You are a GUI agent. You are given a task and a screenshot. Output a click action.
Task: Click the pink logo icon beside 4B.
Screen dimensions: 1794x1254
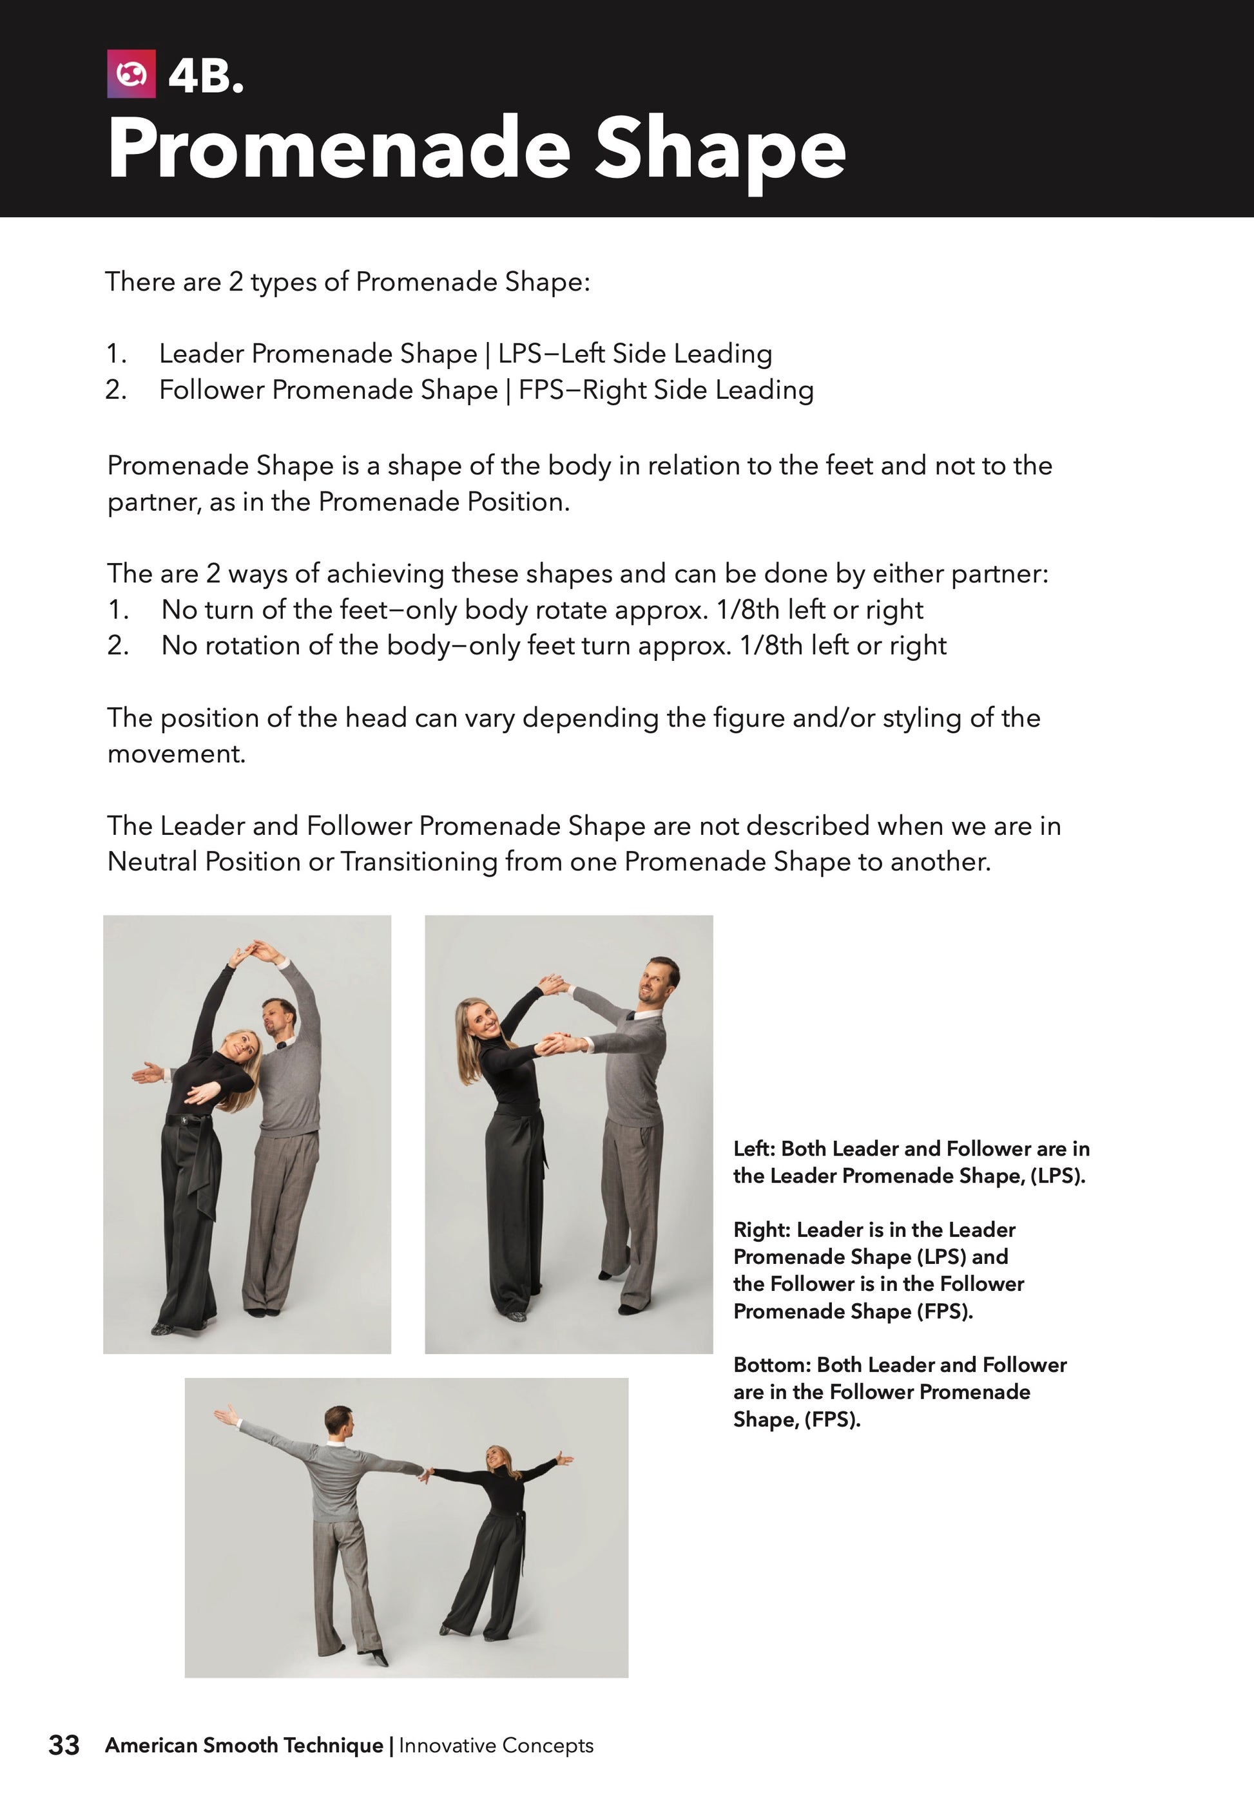[x=131, y=74]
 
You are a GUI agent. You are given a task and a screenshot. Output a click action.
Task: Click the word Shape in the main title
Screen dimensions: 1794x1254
[x=720, y=148]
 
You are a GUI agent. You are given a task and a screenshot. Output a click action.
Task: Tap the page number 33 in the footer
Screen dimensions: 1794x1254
[x=64, y=1745]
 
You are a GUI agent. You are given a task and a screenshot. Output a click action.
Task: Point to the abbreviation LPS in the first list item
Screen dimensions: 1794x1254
[x=520, y=353]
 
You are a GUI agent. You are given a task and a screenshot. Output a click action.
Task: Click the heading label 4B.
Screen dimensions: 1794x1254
[x=206, y=76]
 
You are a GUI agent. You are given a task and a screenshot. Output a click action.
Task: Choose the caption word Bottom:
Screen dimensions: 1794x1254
[x=773, y=1364]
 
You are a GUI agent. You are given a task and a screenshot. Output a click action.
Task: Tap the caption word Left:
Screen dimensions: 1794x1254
[x=755, y=1148]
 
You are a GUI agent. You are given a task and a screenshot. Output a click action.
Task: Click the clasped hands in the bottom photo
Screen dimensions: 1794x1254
[x=425, y=1474]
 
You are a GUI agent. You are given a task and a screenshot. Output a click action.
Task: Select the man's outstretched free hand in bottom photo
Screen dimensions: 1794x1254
[x=226, y=1414]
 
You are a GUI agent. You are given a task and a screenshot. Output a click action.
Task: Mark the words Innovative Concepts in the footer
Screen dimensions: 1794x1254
[x=496, y=1745]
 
